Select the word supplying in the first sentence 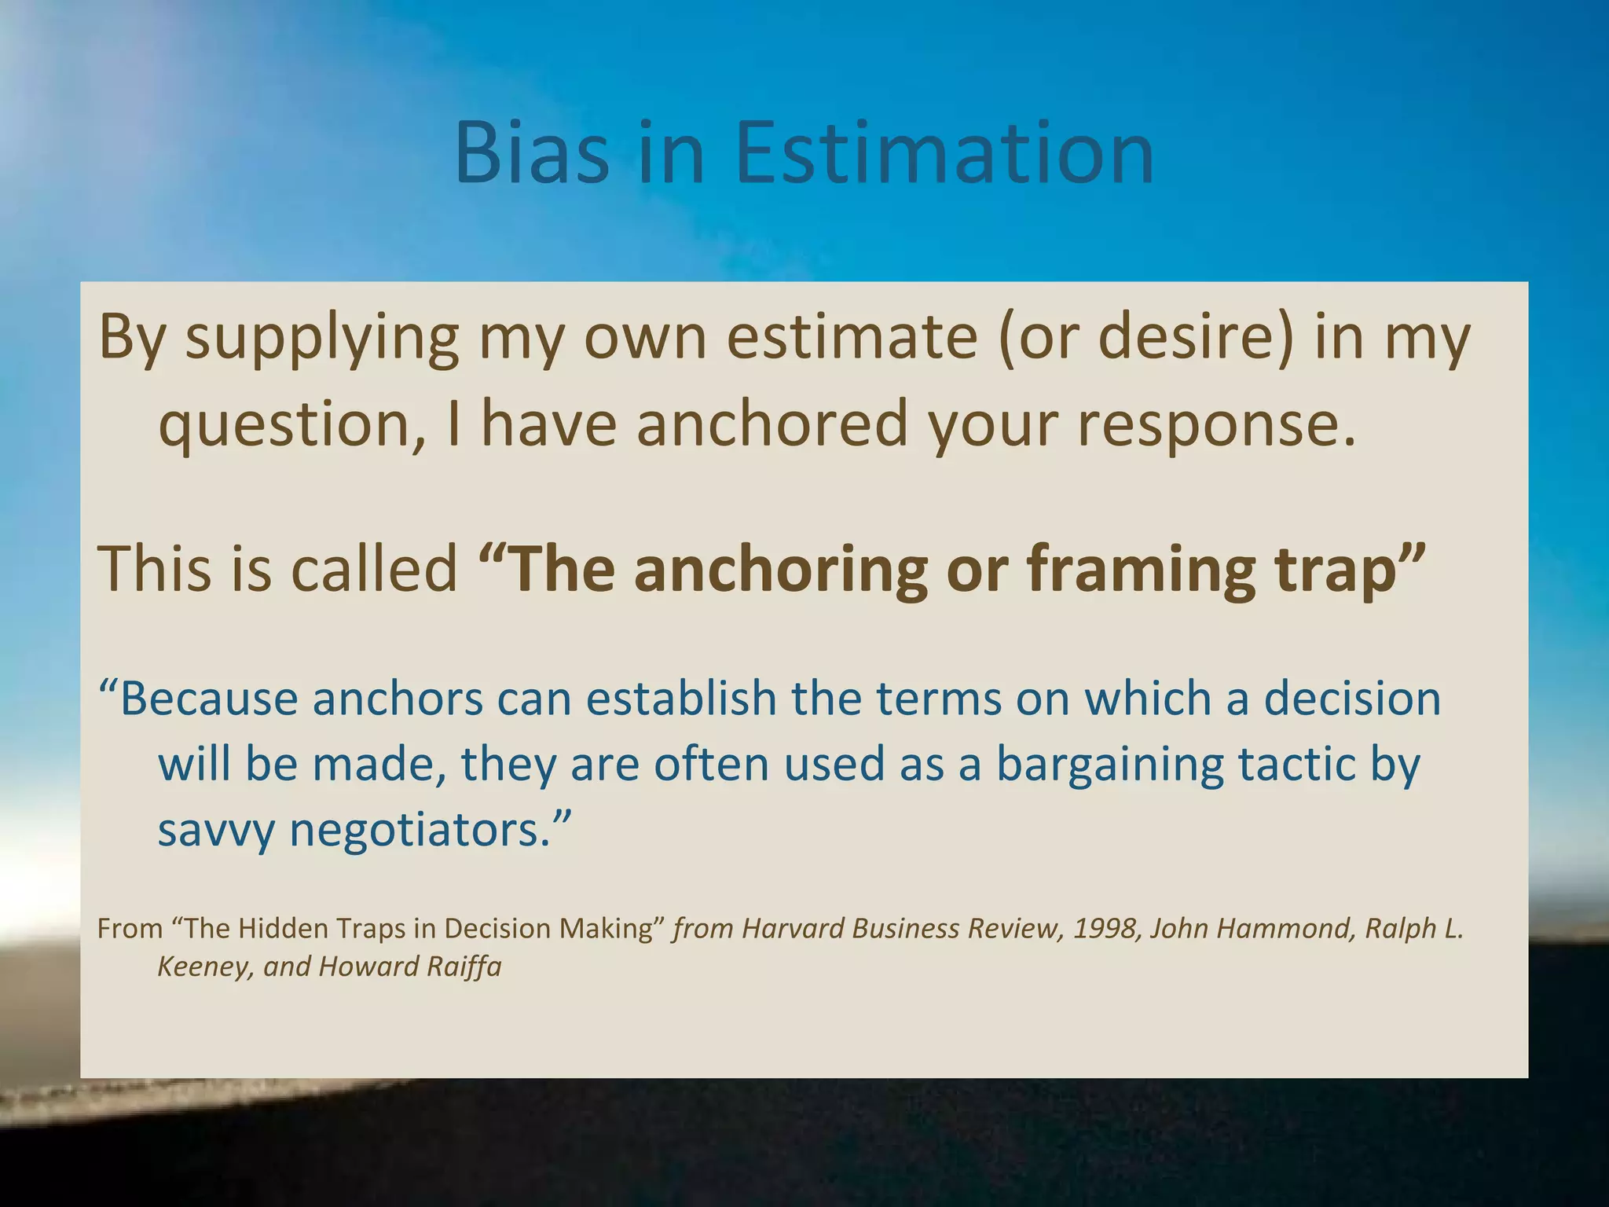pyautogui.click(x=321, y=338)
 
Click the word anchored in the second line pyautogui.click(x=772, y=423)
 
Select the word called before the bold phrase pyautogui.click(x=374, y=568)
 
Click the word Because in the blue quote pyautogui.click(x=209, y=699)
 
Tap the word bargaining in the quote pyautogui.click(x=1109, y=765)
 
